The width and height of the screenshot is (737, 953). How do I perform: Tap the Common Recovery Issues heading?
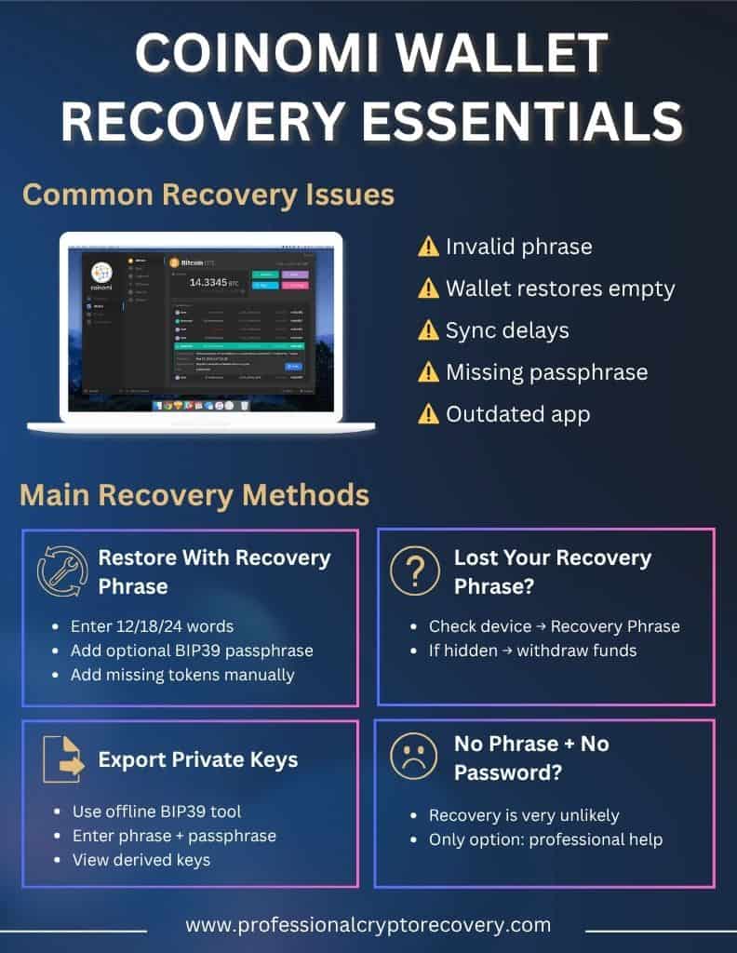pos(208,195)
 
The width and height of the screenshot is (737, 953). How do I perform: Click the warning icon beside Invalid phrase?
pos(428,247)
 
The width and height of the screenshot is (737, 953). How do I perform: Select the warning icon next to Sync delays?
pos(428,330)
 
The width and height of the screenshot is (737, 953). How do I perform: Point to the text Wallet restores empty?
pos(560,289)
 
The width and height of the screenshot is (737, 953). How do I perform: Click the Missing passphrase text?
pos(546,372)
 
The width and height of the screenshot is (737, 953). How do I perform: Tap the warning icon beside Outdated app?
pos(428,414)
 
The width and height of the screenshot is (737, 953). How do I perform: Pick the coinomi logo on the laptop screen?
pos(102,275)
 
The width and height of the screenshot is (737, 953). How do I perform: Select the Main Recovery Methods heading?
pos(194,494)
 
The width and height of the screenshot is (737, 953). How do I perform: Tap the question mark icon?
pos(415,570)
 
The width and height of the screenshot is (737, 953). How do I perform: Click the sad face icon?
pos(415,757)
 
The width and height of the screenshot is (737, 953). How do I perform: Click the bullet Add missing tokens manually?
pos(182,675)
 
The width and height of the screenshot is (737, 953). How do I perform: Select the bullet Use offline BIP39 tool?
pos(156,812)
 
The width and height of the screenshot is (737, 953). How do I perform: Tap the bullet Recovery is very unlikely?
pos(524,815)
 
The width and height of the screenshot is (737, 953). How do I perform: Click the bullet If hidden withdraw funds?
pos(532,651)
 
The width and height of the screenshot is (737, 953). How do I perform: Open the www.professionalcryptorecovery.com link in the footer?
pos(368,925)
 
